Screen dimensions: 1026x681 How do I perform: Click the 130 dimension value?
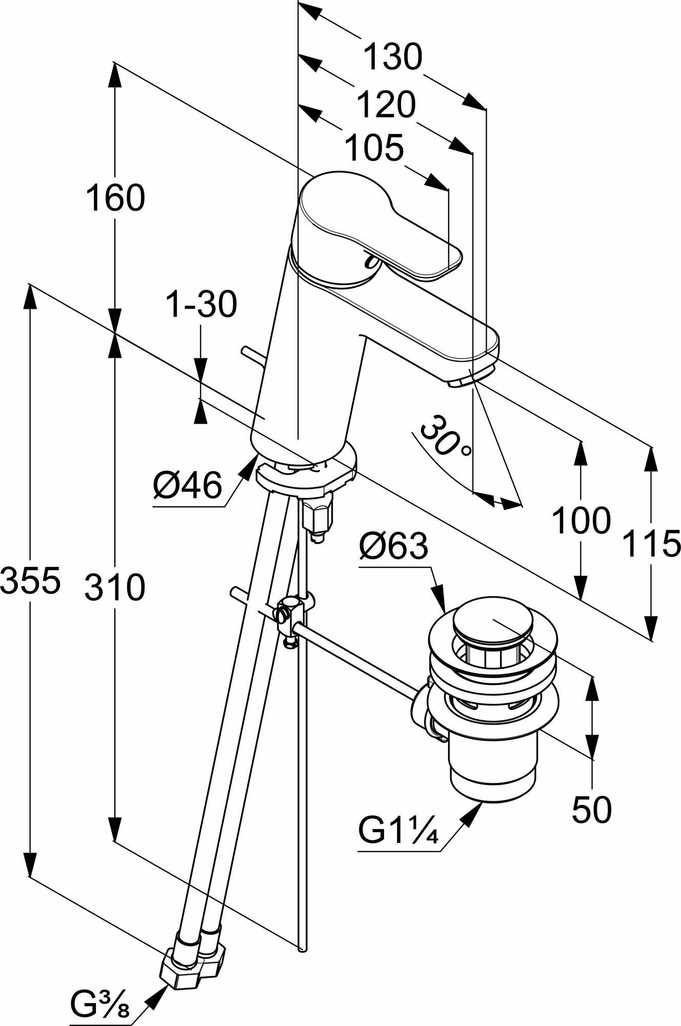393,56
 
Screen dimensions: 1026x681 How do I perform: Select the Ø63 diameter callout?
393,546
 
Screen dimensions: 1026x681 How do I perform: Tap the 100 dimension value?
581,521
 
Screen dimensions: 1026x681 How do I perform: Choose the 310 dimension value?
115,587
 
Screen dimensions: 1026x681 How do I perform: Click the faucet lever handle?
379,226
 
